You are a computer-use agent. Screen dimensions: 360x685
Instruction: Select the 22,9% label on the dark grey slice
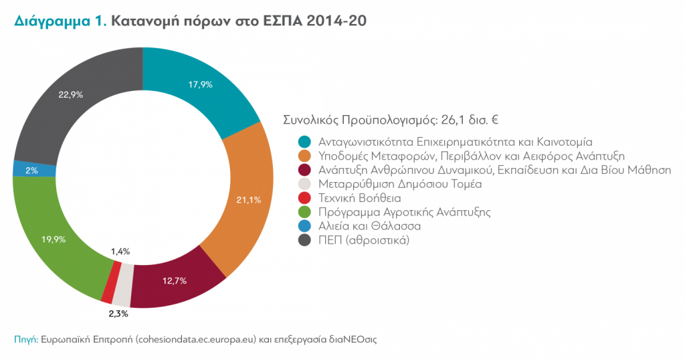[70, 95]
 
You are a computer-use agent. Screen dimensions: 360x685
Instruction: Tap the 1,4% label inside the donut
[120, 252]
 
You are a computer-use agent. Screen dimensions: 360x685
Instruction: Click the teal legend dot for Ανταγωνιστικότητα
[305, 141]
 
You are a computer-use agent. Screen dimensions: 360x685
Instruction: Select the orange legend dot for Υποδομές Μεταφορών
[305, 155]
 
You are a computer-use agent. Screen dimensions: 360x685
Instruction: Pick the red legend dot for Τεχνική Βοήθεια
[305, 197]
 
